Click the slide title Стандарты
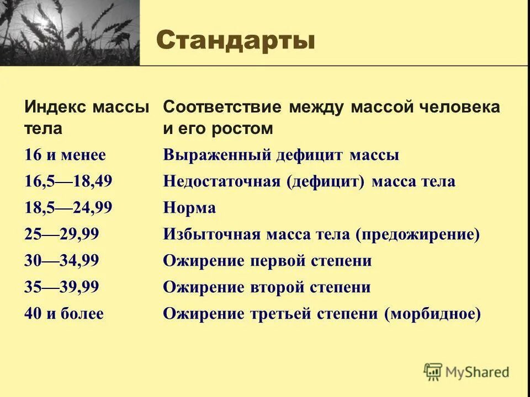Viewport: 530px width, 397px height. point(236,41)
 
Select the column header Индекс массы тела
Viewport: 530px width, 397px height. point(87,117)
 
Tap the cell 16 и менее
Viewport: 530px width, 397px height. point(65,155)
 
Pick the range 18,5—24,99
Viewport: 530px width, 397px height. point(68,208)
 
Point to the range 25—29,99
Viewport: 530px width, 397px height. point(61,235)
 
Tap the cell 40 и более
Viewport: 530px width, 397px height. point(63,314)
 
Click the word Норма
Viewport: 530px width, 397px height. point(189,208)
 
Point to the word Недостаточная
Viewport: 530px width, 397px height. point(221,182)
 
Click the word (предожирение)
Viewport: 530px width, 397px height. point(417,235)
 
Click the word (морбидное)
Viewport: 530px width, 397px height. point(433,314)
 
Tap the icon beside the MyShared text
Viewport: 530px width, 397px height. point(433,372)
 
